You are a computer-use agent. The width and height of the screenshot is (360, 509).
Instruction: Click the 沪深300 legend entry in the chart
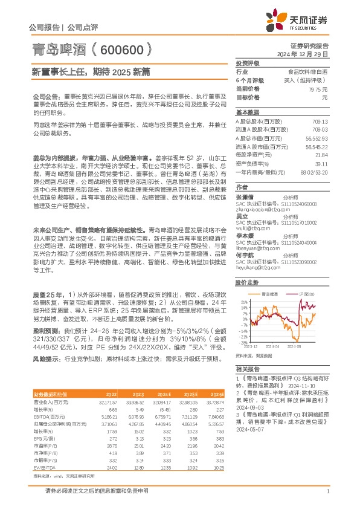coord(304,292)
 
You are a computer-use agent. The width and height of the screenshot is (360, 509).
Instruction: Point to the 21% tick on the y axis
coord(243,300)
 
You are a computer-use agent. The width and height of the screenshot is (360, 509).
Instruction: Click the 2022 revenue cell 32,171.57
coord(108,401)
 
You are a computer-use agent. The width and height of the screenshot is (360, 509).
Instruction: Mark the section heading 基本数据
coord(246,112)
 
